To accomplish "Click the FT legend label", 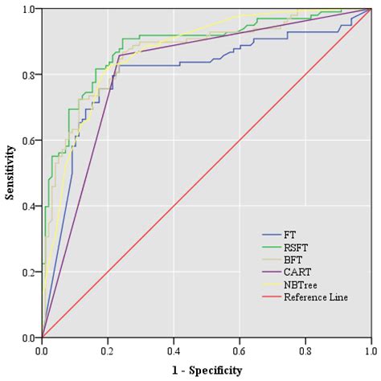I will click(x=289, y=235).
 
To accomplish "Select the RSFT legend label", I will click(x=294, y=248).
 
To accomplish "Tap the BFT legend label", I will click(x=292, y=260).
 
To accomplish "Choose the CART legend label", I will click(x=295, y=272).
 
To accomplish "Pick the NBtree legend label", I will click(x=298, y=285).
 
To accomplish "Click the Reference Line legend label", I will click(x=316, y=298).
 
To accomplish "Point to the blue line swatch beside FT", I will click(x=271, y=235).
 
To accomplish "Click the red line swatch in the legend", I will click(x=271, y=298).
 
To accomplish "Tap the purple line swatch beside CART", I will click(x=271, y=272).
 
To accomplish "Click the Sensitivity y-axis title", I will click(x=10, y=172).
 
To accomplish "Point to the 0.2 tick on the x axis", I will click(x=108, y=350).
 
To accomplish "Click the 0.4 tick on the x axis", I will click(x=174, y=350).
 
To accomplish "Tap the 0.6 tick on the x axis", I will click(x=240, y=350).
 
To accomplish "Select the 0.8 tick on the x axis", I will click(x=305, y=350).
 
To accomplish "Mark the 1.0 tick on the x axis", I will click(x=371, y=350).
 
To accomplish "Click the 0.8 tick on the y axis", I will click(x=29, y=75).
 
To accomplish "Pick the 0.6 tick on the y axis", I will click(x=29, y=141).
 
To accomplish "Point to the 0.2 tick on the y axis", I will click(x=29, y=272).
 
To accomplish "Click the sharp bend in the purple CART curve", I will click(x=119, y=56).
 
